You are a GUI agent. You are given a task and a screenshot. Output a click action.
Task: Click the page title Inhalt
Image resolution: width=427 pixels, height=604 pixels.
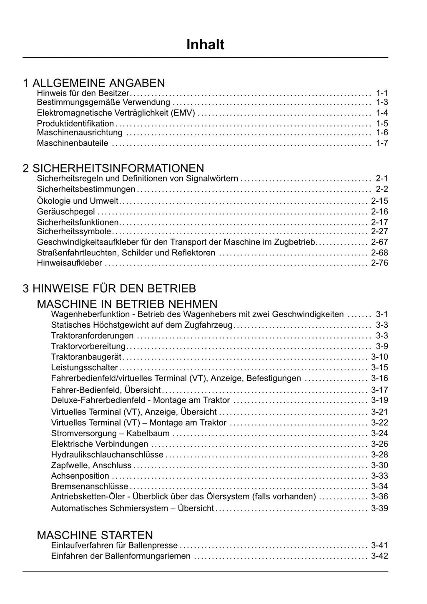pyautogui.click(x=205, y=45)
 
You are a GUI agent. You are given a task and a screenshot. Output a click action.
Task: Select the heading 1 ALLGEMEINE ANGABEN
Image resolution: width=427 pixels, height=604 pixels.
pyautogui.click(x=94, y=83)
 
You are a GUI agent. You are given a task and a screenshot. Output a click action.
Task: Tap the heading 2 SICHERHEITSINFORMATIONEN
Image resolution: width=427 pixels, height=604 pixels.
pyautogui.click(x=113, y=168)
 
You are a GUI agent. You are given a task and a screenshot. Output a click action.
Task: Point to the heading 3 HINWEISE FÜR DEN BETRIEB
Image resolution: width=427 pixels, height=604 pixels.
pyautogui.click(x=109, y=288)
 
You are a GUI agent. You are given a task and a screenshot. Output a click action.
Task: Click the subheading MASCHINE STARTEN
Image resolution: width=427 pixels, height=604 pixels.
pyautogui.click(x=95, y=535)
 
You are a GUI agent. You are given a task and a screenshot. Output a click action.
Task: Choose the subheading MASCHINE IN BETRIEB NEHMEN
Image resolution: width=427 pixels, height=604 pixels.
pyautogui.click(x=127, y=304)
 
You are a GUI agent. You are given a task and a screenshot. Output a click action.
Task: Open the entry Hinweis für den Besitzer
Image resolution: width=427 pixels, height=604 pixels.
pyautogui.click(x=83, y=93)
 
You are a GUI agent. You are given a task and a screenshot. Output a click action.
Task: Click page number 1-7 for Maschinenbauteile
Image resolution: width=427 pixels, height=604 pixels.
pyautogui.click(x=382, y=143)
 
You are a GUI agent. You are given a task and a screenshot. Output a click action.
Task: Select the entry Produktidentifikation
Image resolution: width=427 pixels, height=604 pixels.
pyautogui.click(x=75, y=124)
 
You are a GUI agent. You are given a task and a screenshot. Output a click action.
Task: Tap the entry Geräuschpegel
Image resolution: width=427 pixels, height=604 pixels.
pyautogui.click(x=66, y=212)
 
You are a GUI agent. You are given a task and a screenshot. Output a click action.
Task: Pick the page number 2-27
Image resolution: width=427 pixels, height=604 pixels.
pyautogui.click(x=379, y=232)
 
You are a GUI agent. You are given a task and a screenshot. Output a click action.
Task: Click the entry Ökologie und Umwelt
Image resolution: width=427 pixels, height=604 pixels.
pyautogui.click(x=78, y=201)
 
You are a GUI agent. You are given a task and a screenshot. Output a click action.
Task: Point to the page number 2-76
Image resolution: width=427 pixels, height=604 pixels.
pyautogui.click(x=379, y=263)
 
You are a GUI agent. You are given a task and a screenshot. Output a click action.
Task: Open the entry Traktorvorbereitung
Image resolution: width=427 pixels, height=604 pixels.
pyautogui.click(x=88, y=346)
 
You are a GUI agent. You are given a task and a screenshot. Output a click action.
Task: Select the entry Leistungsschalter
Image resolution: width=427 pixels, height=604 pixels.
pyautogui.click(x=85, y=368)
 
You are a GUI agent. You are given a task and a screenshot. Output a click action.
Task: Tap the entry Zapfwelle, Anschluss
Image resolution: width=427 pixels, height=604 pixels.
pyautogui.click(x=91, y=465)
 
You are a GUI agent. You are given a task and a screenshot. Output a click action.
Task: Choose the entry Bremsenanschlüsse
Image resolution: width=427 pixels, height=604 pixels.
pyautogui.click(x=90, y=486)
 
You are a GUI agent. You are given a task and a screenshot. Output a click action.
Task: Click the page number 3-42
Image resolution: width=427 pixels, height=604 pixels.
pyautogui.click(x=379, y=556)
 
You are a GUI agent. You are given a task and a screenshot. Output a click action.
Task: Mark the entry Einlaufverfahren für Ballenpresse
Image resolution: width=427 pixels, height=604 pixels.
pyautogui.click(x=114, y=545)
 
